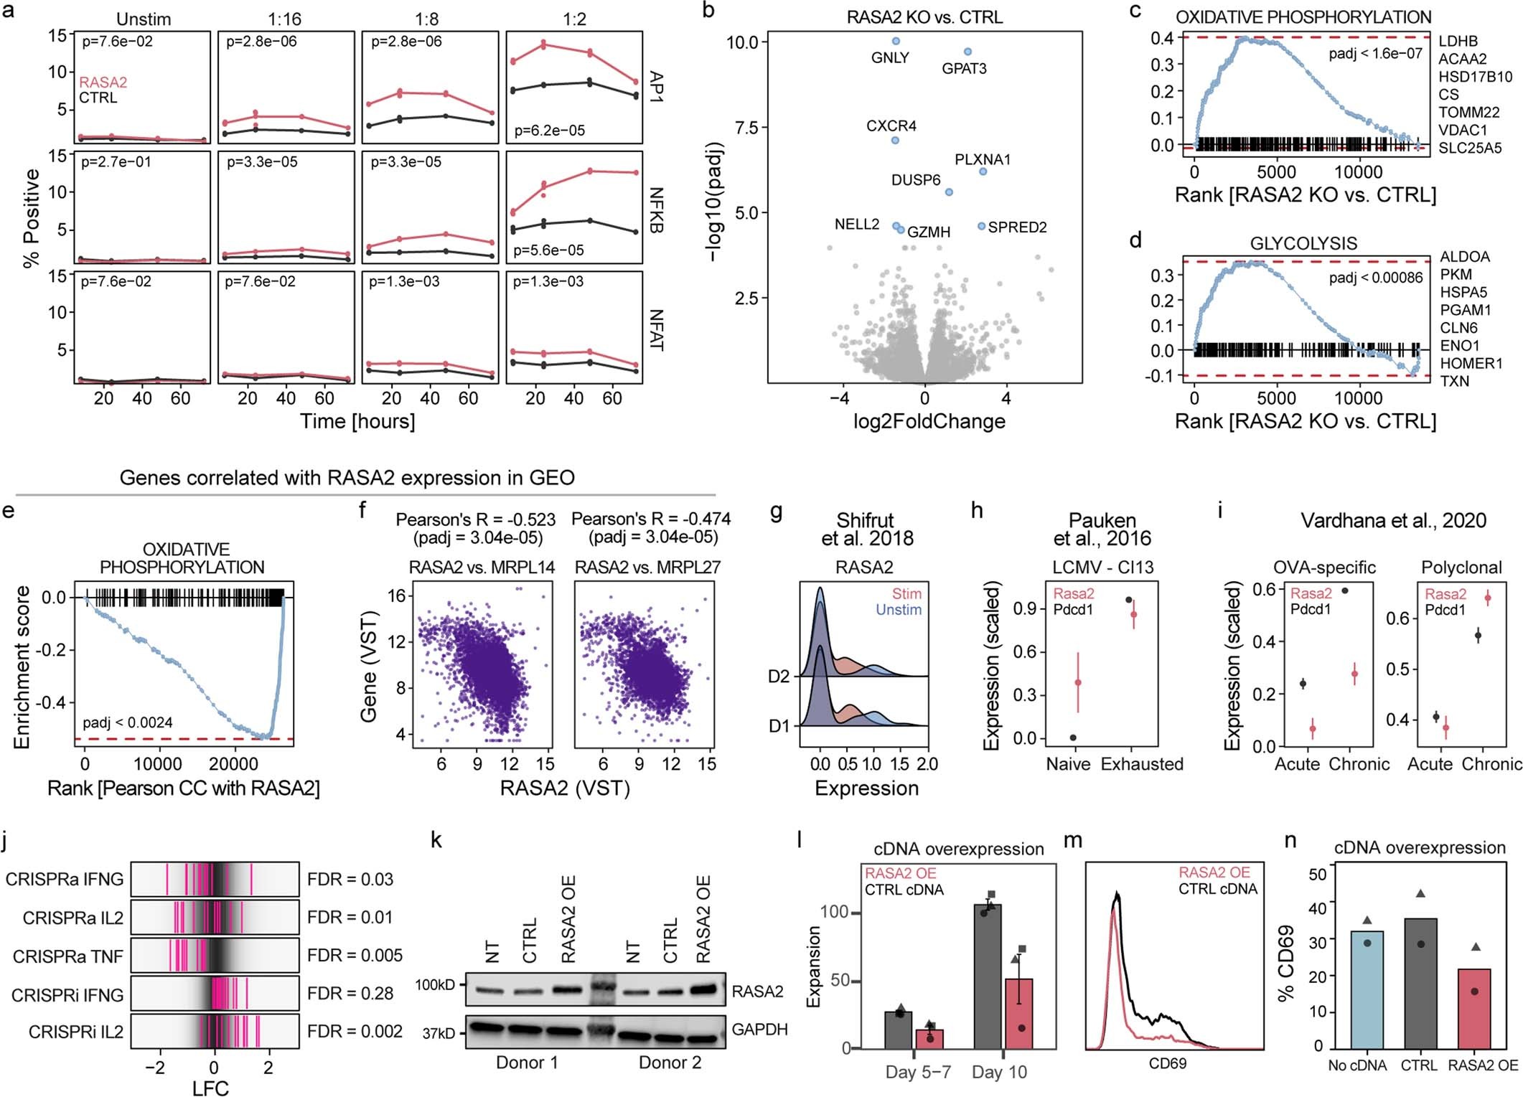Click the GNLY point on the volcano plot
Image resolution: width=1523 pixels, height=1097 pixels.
point(895,41)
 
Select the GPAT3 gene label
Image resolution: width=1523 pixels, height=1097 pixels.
point(964,69)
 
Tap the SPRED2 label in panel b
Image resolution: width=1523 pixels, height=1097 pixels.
point(1017,227)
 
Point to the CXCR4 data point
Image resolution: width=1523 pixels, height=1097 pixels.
point(895,140)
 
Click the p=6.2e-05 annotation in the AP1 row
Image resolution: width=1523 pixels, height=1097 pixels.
point(550,131)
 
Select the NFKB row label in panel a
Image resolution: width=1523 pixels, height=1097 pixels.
point(655,210)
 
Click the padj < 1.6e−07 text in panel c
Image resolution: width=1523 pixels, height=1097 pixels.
point(1375,53)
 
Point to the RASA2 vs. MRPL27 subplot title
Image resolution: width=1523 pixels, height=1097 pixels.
point(647,568)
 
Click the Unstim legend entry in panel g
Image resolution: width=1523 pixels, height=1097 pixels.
point(898,610)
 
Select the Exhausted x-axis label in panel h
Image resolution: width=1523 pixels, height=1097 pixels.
point(1141,764)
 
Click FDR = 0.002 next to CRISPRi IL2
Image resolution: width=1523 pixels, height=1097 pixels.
point(355,1032)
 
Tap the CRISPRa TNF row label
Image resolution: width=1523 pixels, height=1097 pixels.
point(67,956)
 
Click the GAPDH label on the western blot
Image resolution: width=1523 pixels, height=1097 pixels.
point(759,1030)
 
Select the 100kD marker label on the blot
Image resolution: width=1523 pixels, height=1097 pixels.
point(435,985)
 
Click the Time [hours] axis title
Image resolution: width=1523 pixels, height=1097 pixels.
point(357,421)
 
